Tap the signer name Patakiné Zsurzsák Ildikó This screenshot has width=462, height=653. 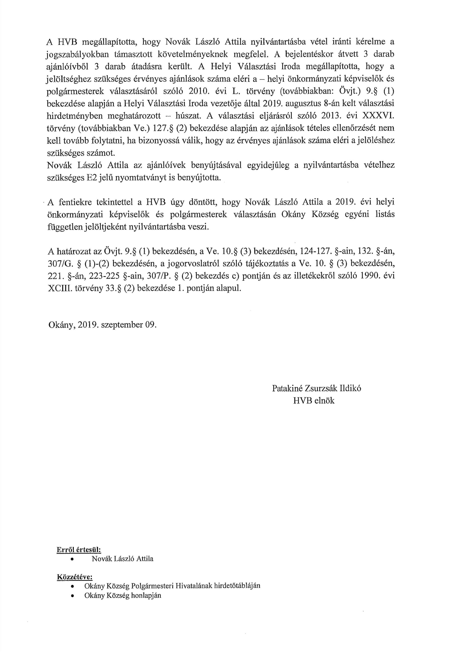[x=316, y=388]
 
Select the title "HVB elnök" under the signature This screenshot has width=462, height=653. [x=314, y=401]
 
